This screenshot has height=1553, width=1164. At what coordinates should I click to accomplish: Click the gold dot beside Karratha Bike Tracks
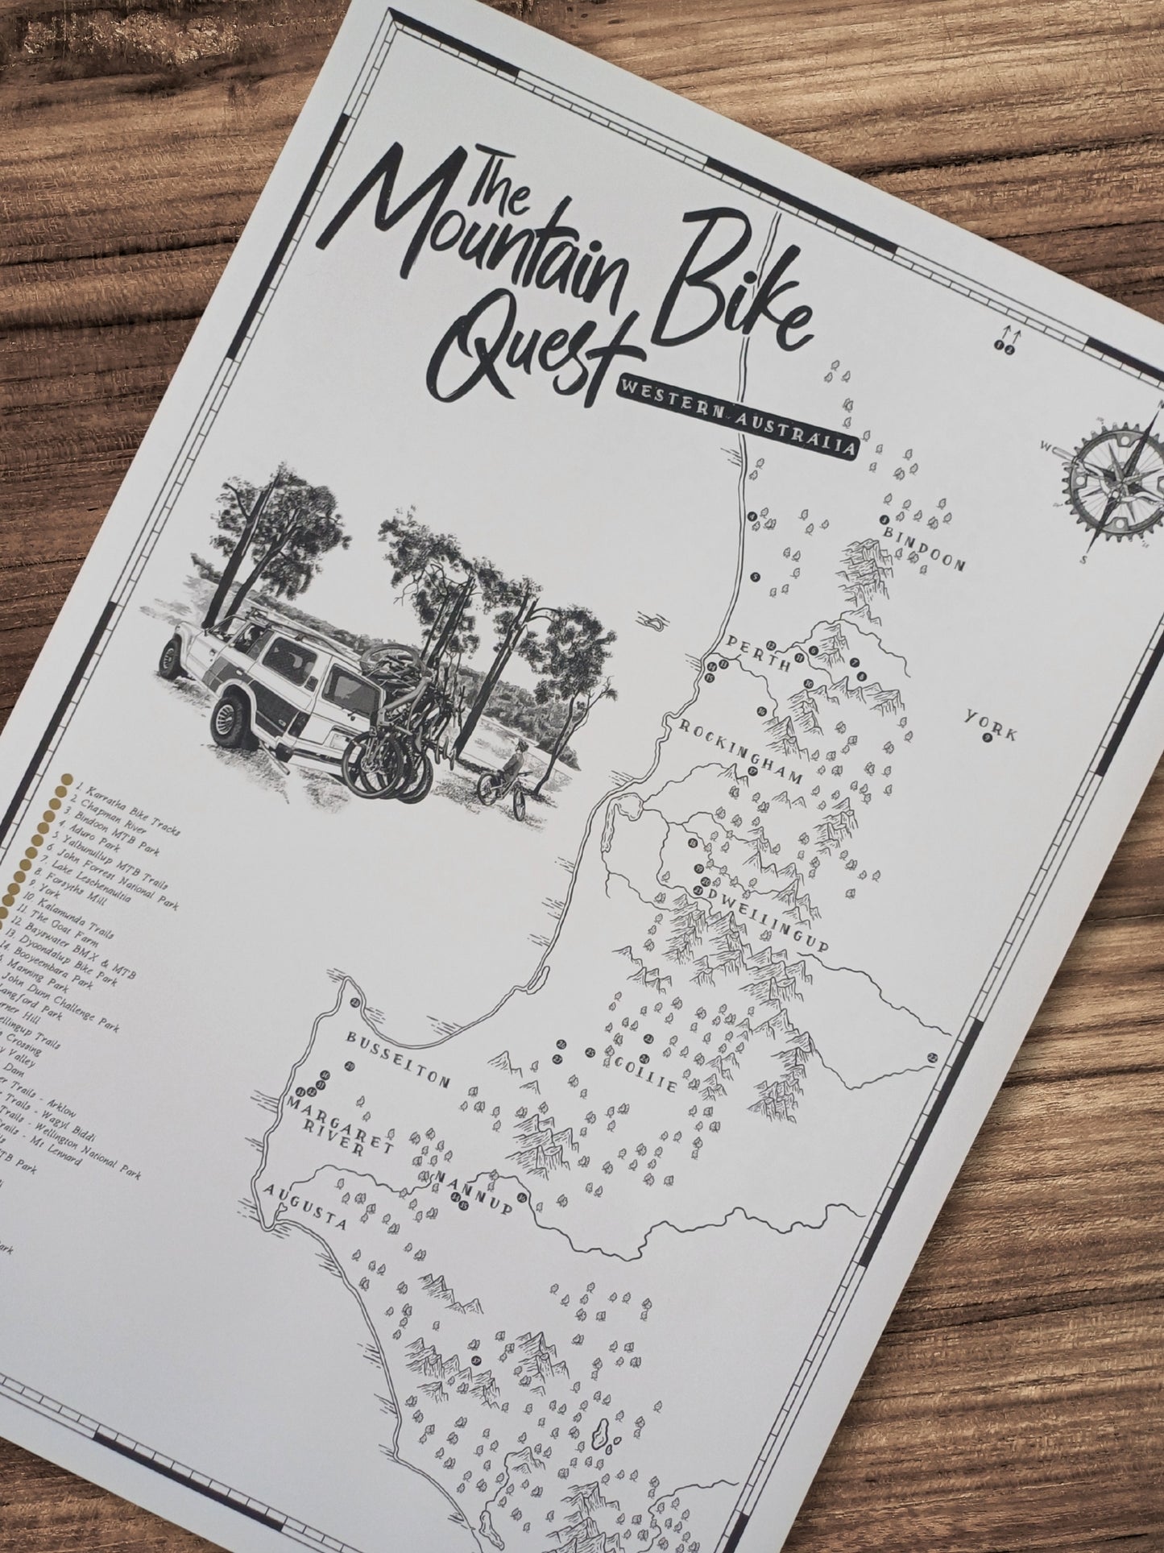pyautogui.click(x=58, y=781)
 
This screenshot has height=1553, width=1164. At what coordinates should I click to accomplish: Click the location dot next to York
pyautogui.click(x=986, y=739)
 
